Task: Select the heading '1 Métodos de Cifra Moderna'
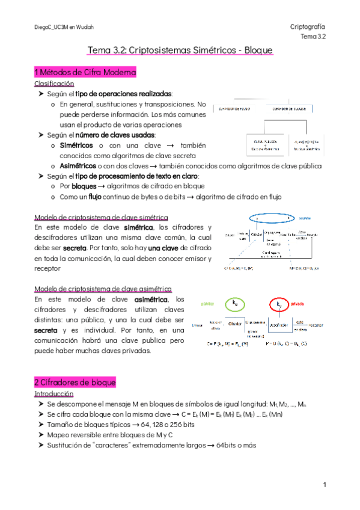(x=85, y=72)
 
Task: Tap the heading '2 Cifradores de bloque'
(x=75, y=382)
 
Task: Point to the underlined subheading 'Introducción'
(x=54, y=393)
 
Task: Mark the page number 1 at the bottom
(x=323, y=484)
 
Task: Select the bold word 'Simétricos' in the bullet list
(x=76, y=146)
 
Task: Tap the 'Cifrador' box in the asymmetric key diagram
(x=234, y=323)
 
